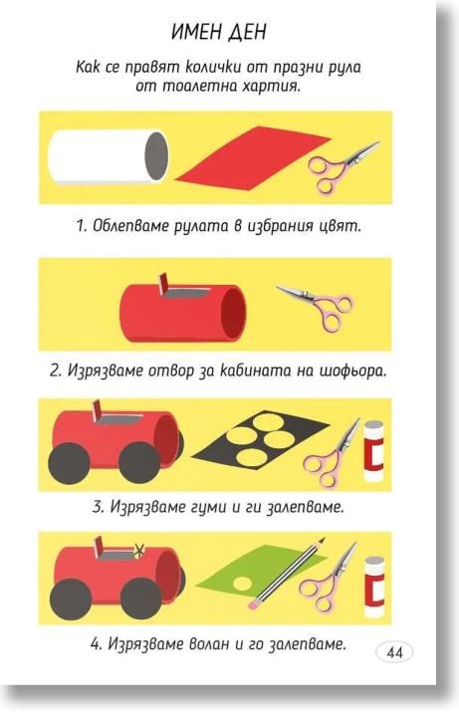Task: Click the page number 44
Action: click(393, 652)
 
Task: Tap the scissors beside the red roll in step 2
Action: click(316, 300)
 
